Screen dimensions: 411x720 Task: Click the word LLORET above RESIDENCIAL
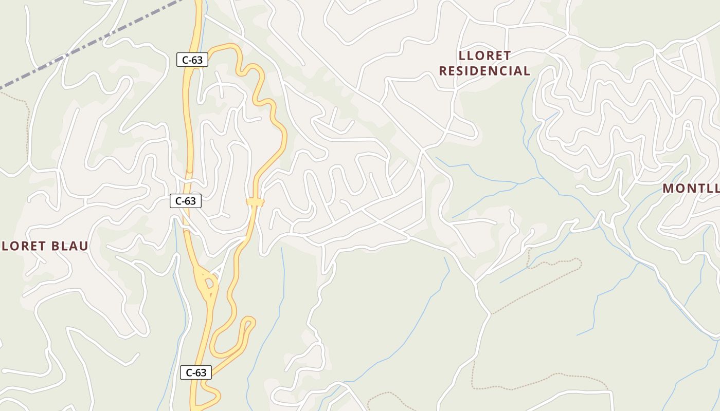484,55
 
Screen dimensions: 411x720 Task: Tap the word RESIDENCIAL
484,71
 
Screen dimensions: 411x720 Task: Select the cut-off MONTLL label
690,188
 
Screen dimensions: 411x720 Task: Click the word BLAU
69,246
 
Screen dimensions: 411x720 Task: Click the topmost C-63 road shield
192,60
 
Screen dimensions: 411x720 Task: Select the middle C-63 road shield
185,201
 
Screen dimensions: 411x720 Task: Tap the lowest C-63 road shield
195,372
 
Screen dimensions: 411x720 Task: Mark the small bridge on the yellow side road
255,202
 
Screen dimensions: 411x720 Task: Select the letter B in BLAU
55,246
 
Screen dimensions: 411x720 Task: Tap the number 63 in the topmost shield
197,60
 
